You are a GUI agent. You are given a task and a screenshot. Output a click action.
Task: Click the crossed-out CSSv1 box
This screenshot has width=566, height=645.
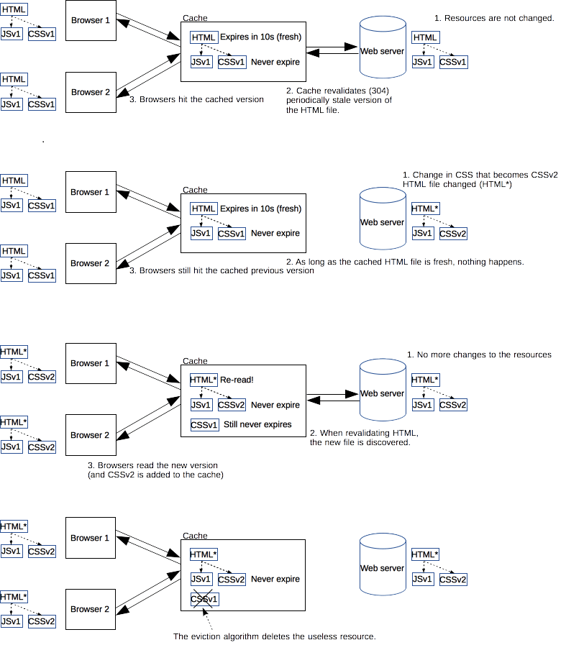click(x=204, y=599)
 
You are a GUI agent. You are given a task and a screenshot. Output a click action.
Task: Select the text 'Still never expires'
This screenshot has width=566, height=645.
click(x=257, y=424)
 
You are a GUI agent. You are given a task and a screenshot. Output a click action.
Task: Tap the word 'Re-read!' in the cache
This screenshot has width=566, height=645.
click(x=237, y=380)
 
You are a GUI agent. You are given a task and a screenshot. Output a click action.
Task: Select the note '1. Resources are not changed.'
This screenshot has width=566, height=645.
click(x=494, y=18)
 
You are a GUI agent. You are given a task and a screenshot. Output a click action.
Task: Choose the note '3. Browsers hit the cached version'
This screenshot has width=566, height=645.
click(x=196, y=99)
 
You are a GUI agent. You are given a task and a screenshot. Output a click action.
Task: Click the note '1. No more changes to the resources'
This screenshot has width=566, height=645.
click(x=479, y=354)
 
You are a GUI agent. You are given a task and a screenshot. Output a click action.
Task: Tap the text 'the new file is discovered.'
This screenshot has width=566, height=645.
click(x=360, y=443)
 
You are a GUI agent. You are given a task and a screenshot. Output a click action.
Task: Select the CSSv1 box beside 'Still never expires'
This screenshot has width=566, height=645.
click(x=204, y=425)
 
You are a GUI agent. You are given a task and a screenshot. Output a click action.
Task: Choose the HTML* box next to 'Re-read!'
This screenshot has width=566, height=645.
click(x=203, y=380)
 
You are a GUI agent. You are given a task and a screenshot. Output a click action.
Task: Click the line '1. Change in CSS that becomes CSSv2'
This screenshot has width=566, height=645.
click(x=480, y=175)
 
